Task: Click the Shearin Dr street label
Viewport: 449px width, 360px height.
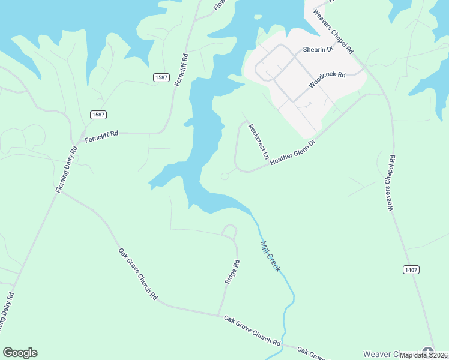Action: [318, 50]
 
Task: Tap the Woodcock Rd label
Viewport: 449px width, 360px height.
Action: [327, 80]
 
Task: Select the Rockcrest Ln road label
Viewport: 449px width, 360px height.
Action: [259, 142]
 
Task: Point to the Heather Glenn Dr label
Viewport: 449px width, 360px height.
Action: [292, 153]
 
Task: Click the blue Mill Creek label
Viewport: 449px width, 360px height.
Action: [270, 256]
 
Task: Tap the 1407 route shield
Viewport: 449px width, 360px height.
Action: [411, 270]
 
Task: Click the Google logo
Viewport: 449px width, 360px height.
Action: [20, 353]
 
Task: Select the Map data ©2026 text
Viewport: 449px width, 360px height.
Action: [423, 355]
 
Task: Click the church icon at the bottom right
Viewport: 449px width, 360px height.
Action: [428, 352]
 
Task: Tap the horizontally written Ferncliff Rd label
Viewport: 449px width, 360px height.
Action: [101, 136]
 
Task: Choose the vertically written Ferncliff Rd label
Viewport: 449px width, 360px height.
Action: [181, 70]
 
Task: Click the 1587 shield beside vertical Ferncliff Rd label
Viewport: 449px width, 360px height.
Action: [161, 77]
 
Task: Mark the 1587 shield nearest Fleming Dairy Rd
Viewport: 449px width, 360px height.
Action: [98, 115]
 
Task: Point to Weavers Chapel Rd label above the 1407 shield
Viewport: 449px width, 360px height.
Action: [391, 183]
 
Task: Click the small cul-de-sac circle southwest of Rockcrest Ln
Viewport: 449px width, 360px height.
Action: [224, 176]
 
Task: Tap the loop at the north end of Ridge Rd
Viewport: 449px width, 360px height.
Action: [229, 231]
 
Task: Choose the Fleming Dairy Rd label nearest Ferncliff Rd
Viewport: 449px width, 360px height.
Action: [67, 170]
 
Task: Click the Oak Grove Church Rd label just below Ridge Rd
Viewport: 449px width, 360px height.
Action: [252, 330]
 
